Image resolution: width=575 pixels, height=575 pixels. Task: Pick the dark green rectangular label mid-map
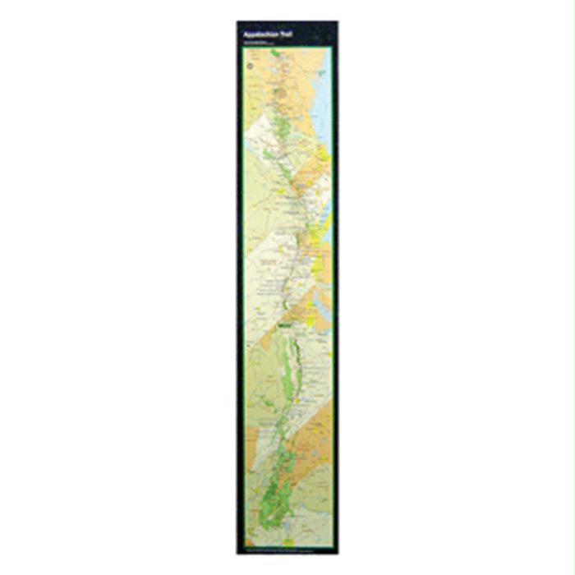pos(284,325)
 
